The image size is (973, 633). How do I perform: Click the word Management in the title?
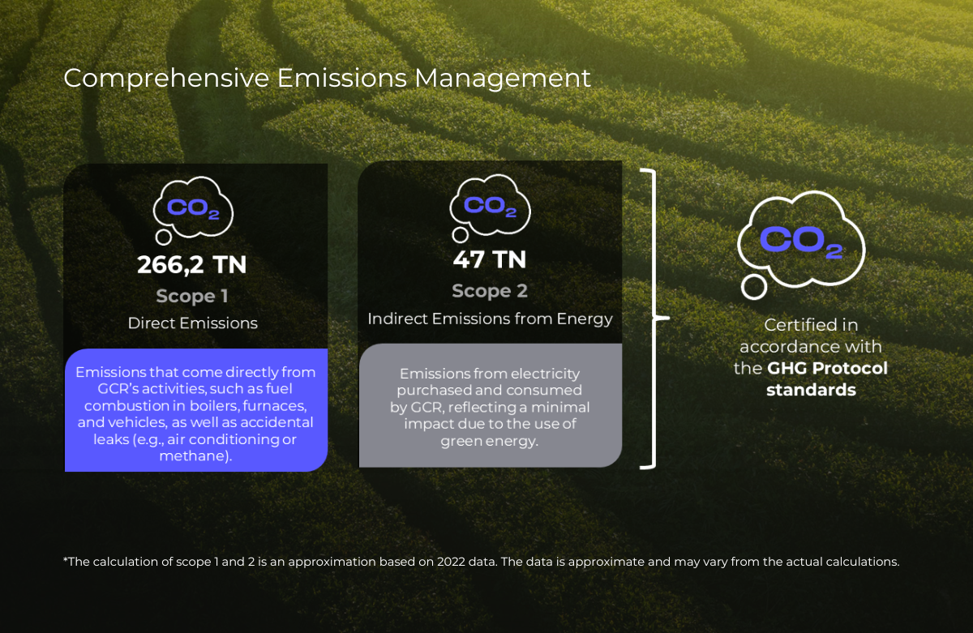click(503, 79)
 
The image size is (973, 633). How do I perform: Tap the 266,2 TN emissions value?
click(191, 264)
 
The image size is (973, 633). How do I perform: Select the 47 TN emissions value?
click(490, 259)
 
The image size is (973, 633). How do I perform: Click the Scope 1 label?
click(192, 296)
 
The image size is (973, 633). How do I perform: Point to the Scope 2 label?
click(490, 291)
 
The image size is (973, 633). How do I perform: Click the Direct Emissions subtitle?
click(192, 323)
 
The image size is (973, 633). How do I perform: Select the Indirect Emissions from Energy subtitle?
click(490, 319)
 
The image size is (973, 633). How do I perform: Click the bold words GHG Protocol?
click(827, 368)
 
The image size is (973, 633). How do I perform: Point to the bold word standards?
click(811, 390)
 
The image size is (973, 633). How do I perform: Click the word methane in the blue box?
click(193, 456)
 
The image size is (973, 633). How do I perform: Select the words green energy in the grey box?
click(489, 441)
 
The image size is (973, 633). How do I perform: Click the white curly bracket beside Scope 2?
click(654, 319)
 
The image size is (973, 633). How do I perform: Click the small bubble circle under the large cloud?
click(753, 288)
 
